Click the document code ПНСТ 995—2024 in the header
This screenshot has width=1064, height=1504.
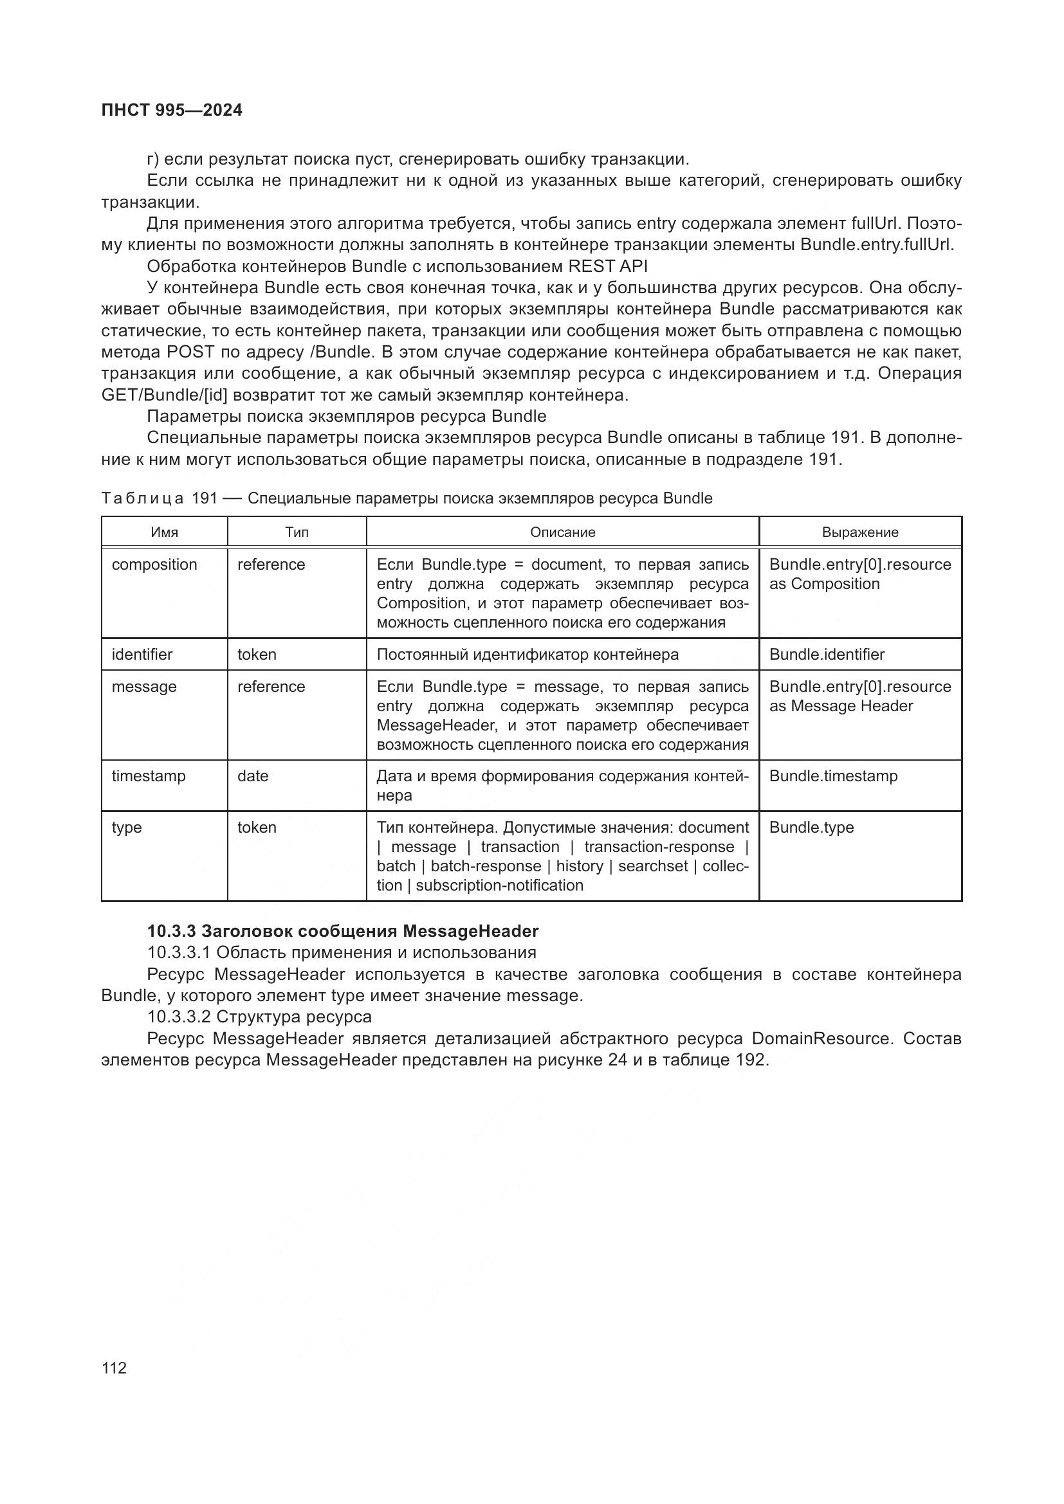pos(172,110)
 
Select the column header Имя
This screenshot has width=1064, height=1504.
pos(165,532)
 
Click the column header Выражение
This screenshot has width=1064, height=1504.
pos(859,532)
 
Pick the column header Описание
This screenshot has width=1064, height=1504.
pos(562,532)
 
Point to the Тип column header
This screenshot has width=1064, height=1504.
pos(297,532)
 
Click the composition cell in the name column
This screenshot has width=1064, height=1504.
pos(154,565)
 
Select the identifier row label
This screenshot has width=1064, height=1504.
pos(142,655)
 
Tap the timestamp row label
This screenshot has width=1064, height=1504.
pos(149,776)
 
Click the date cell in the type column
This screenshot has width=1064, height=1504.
pos(253,776)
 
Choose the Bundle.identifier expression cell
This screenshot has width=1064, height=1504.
pos(826,655)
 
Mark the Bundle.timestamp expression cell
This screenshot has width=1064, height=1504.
pos(832,776)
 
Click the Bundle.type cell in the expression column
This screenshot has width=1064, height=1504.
pos(811,828)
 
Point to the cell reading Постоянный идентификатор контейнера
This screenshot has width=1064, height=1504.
pos(527,655)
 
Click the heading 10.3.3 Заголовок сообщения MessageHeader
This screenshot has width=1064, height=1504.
pos(342,931)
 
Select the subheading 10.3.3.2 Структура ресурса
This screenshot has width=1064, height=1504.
pos(259,1017)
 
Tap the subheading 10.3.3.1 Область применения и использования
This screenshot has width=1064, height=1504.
pos(342,952)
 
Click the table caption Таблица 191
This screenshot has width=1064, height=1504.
pos(406,498)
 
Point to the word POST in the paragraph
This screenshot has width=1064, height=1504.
pos(190,352)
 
